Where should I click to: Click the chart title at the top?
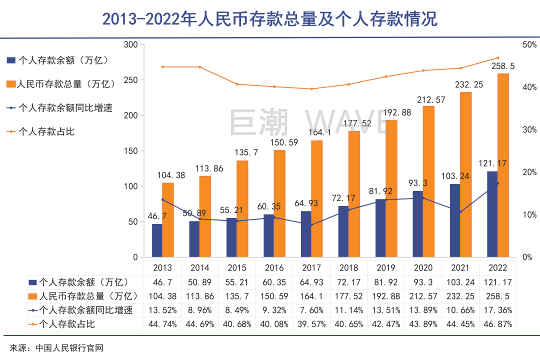tap(270, 19)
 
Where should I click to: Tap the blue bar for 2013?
tap(157, 240)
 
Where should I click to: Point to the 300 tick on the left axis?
tap(131, 45)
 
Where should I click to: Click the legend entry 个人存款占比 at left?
tap(46, 131)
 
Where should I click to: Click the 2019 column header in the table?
tap(387, 267)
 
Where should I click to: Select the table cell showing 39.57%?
tap(311, 324)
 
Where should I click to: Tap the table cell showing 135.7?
tap(237, 295)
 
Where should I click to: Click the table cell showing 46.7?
tap(163, 281)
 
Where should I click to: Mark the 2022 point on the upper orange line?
tap(497, 58)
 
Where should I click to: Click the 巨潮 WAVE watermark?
tap(310, 122)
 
